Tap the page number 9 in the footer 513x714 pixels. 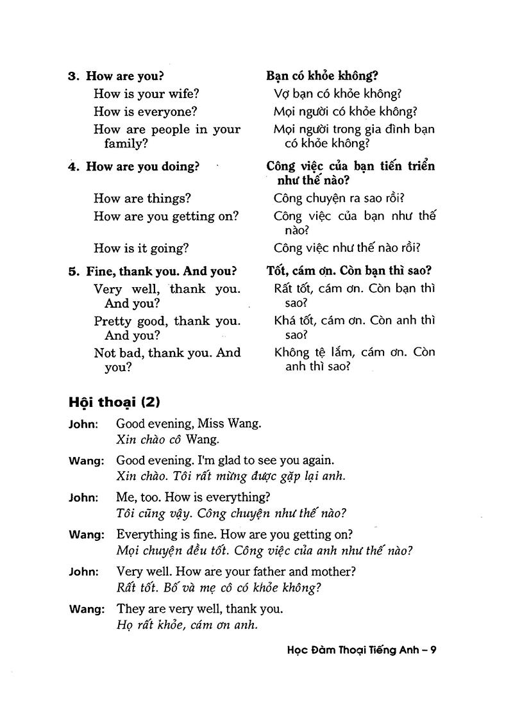point(433,650)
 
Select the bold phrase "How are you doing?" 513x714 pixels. point(142,167)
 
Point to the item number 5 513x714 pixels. point(72,271)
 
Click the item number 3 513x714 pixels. point(72,76)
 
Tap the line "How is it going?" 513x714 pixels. point(141,248)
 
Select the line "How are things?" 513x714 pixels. point(142,199)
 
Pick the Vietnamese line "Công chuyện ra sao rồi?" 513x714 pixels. point(343,199)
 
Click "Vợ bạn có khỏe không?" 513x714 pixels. point(337,94)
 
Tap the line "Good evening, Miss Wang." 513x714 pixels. point(189,424)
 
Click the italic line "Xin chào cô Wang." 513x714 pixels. point(168,440)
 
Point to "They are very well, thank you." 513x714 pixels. point(199,608)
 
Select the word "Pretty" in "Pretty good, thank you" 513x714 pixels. point(112,320)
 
